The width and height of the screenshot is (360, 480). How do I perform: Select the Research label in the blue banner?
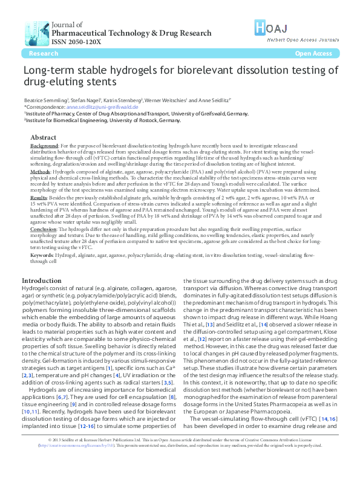pyautogui.click(x=44, y=54)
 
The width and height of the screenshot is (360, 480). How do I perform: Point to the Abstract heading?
pyautogui.click(x=43, y=138)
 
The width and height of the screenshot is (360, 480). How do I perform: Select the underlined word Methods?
pyautogui.click(x=41, y=172)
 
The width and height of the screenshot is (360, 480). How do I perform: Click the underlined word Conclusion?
pyautogui.click(x=44, y=230)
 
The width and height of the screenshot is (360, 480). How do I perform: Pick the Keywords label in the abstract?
pyautogui.click(x=42, y=256)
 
